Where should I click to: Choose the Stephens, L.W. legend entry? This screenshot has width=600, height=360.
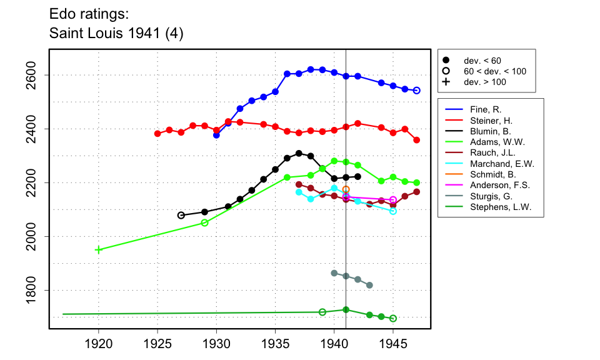(x=491, y=208)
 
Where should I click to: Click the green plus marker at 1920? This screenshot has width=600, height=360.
(x=98, y=250)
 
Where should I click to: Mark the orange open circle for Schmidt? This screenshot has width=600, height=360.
(x=346, y=189)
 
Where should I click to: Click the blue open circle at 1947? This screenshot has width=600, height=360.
(x=417, y=91)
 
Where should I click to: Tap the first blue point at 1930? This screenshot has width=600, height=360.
(x=216, y=135)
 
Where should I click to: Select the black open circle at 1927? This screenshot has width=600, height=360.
(x=181, y=215)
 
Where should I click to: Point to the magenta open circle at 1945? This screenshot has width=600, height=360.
(x=393, y=200)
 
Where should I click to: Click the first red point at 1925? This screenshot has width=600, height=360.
(x=157, y=134)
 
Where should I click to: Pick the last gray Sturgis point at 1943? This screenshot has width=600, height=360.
(x=369, y=285)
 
